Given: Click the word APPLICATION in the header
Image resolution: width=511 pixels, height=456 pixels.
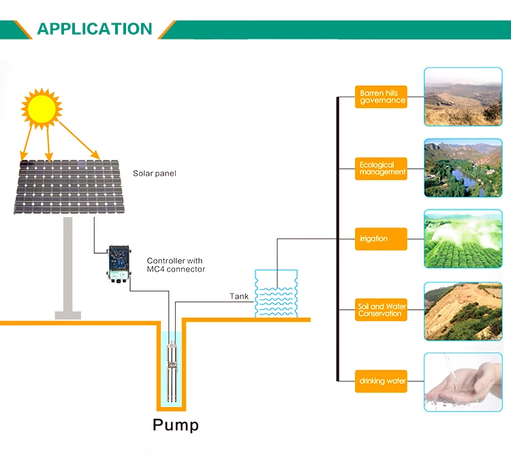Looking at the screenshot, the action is tap(95, 29).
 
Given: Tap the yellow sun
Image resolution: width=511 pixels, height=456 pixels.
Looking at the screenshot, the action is tap(42, 108).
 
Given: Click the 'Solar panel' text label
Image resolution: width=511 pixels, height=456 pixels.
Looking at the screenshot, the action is tap(155, 173).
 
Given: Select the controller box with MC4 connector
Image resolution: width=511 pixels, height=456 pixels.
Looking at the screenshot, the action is tap(119, 263).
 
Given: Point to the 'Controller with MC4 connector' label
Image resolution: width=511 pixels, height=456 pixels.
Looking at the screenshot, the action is tap(176, 265).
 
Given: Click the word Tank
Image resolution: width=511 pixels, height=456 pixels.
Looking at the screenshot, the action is tap(239, 296).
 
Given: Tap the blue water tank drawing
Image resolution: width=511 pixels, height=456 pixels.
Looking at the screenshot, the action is tap(276, 293).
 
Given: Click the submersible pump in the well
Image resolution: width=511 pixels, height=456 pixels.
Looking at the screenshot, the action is tap(172, 371).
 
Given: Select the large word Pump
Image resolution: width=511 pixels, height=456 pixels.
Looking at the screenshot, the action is tap(176, 425).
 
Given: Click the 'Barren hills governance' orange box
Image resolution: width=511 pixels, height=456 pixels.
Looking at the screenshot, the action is tap(381, 97).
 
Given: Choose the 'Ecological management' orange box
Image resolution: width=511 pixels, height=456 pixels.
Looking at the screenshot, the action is tap(381, 169).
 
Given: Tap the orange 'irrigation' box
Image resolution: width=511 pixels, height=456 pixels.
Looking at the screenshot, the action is tap(381, 239).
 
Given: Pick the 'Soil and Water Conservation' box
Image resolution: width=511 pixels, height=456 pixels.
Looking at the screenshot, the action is tap(381, 310).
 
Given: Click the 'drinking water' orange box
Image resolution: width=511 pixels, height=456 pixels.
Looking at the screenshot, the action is tap(381, 381).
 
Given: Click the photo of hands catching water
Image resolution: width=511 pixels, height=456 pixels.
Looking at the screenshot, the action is tap(463, 382).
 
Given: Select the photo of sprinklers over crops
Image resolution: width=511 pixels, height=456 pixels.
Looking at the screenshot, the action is tap(463, 239).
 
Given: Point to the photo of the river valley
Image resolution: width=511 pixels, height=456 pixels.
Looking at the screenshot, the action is tap(463, 168).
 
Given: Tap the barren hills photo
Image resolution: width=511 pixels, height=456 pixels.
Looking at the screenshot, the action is tap(463, 97).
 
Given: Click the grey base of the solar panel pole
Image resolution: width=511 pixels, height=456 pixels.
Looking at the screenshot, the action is tap(67, 315).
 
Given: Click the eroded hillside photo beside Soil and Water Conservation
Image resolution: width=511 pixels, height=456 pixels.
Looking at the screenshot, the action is tap(463, 312).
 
